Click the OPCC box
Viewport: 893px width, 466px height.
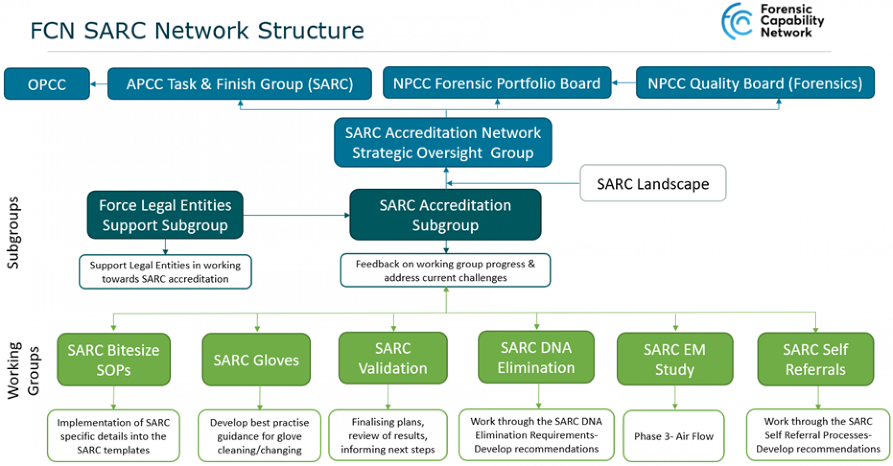click(x=47, y=84)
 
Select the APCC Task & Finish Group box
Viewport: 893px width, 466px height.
click(x=240, y=84)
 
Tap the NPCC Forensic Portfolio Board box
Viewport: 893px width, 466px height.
click(x=496, y=83)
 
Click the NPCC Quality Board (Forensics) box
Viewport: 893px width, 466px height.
click(x=754, y=83)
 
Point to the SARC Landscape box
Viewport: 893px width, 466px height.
click(x=652, y=184)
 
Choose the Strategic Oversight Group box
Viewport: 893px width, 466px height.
click(x=442, y=143)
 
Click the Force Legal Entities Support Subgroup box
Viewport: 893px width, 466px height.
click(x=165, y=215)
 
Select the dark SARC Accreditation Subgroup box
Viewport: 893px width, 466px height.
click(x=445, y=215)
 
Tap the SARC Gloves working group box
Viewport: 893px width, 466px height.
click(x=256, y=360)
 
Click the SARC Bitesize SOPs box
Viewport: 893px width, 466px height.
click(x=113, y=360)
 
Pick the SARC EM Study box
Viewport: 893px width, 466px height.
click(x=674, y=359)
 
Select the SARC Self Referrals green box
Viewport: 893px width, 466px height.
click(x=815, y=359)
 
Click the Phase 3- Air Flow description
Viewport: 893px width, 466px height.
click(x=673, y=436)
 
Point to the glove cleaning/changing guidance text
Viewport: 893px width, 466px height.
click(x=259, y=436)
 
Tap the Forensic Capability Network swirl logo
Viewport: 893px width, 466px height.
click(x=737, y=21)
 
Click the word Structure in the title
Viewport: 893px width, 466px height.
click(x=311, y=31)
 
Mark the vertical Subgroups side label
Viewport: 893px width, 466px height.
click(x=13, y=233)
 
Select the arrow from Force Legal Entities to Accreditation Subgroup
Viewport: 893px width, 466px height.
click(x=296, y=215)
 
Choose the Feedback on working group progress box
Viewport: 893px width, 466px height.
click(x=445, y=271)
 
